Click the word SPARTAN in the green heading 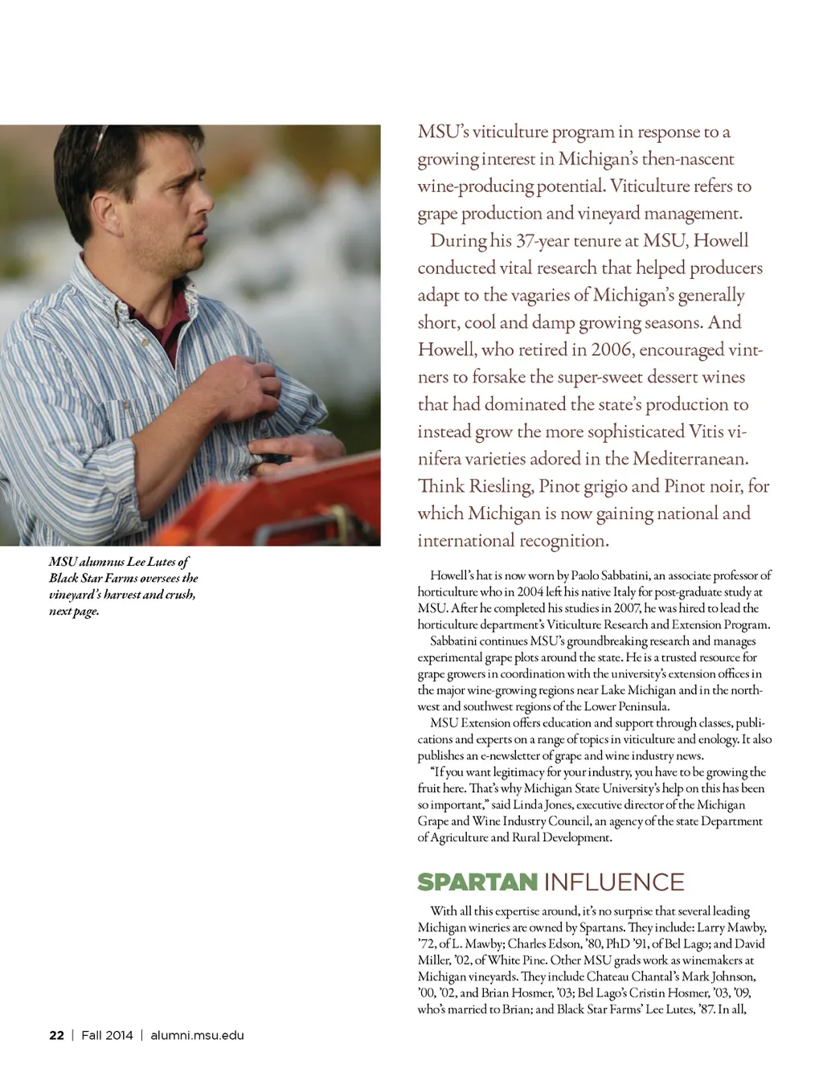[x=477, y=882]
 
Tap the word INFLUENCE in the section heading [x=614, y=882]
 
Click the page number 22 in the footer [x=56, y=1035]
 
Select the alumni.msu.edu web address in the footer [x=197, y=1035]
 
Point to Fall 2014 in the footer [x=107, y=1035]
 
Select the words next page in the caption [x=73, y=611]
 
